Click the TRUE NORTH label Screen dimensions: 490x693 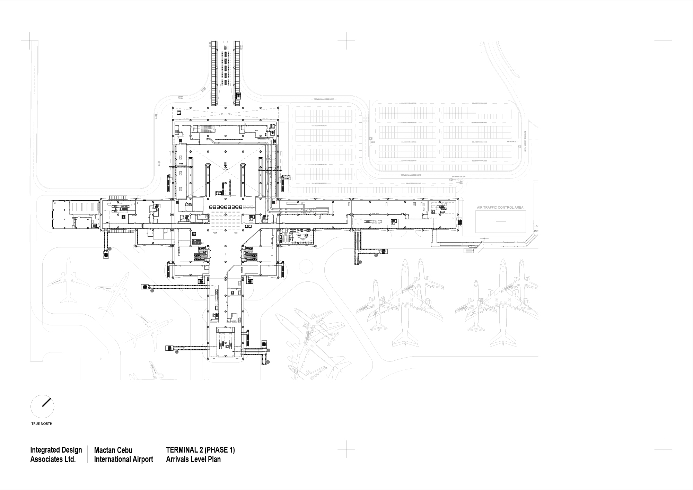(42, 423)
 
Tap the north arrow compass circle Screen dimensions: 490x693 (42, 406)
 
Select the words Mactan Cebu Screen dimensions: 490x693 (113, 450)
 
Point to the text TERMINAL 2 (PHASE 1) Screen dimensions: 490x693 (200, 450)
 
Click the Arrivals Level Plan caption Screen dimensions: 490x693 (193, 460)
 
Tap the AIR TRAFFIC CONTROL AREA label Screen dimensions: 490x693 (500, 208)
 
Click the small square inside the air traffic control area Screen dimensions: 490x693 (501, 227)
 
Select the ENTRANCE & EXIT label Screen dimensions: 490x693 (459, 177)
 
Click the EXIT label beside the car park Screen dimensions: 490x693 (373, 142)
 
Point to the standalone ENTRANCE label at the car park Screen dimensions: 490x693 (511, 141)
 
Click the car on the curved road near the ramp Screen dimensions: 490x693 (203, 90)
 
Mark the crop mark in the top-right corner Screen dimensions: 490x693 (663, 41)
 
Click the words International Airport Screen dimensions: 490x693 (123, 460)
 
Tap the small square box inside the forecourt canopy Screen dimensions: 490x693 (179, 113)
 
